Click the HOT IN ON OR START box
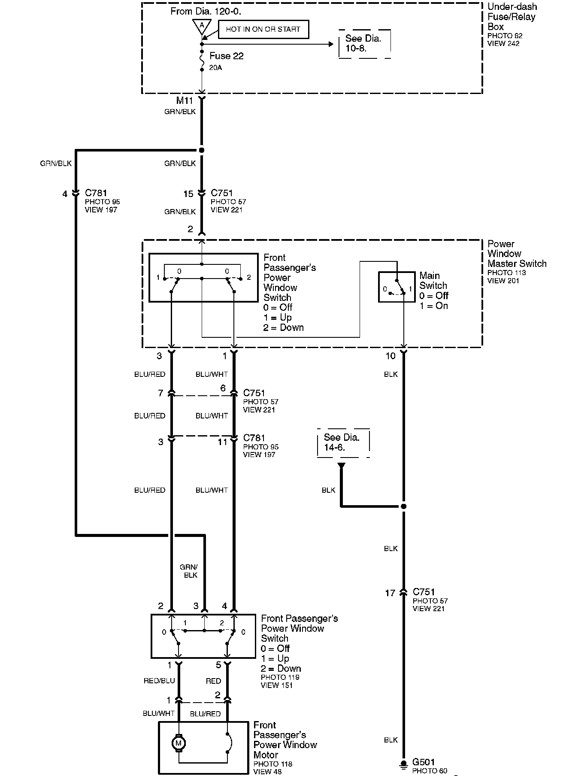coord(263,30)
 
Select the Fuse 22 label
coord(226,56)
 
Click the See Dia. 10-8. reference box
coord(364,43)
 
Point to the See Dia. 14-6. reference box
coord(342,443)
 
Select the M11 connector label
coord(185,101)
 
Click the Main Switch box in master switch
coord(397,287)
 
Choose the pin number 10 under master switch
coord(390,356)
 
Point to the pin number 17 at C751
coord(390,593)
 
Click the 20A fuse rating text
coord(216,68)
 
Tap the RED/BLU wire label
coord(159,681)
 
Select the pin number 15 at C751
coord(188,194)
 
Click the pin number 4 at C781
coord(65,194)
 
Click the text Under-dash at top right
coord(512,7)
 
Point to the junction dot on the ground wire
coord(403,506)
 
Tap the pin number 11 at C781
coord(222,442)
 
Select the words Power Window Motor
coord(285,749)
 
